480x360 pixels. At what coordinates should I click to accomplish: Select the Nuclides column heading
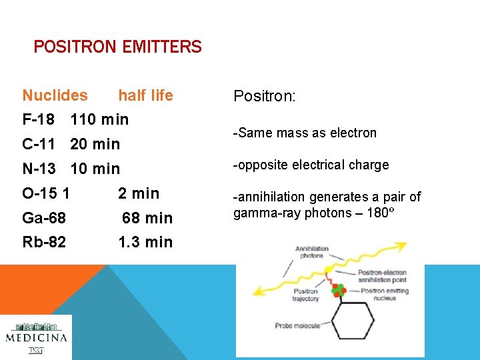[55, 95]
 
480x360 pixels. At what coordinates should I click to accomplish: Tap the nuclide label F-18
[39, 120]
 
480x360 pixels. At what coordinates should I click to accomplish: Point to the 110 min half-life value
[99, 120]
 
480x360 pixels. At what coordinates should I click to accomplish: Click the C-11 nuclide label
[39, 144]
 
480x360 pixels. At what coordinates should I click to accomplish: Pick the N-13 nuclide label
[39, 169]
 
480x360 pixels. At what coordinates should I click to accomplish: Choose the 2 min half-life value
[139, 193]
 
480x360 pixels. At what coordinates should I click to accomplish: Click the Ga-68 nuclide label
[44, 218]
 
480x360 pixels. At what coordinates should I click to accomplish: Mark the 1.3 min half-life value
[145, 242]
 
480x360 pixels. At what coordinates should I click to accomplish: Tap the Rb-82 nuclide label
[44, 242]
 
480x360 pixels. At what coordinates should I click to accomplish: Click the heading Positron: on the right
[264, 96]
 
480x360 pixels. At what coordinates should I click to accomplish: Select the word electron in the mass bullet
[354, 133]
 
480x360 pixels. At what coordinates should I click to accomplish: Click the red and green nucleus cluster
[339, 289]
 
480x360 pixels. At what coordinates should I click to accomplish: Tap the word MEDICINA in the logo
[36, 337]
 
